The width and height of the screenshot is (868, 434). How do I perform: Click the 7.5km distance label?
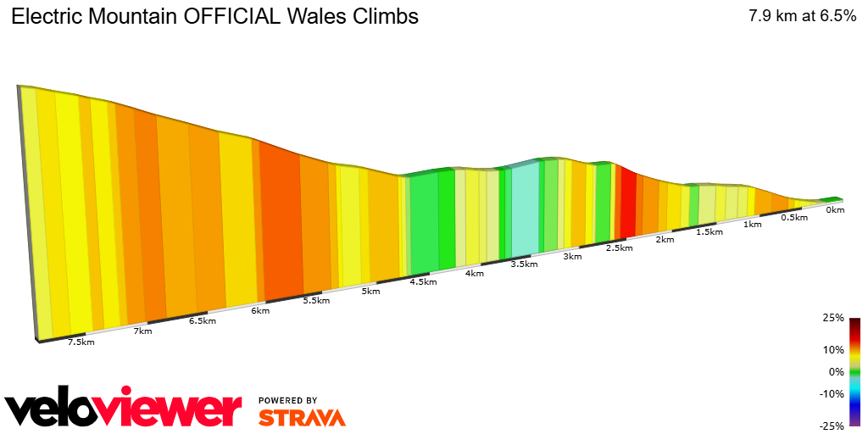[81, 342]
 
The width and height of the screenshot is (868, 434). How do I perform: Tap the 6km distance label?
[260, 310]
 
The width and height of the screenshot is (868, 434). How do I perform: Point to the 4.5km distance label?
[423, 281]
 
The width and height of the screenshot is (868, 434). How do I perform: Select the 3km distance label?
[572, 256]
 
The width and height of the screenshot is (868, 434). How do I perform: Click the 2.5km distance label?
[620, 248]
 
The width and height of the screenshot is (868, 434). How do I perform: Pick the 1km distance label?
[752, 224]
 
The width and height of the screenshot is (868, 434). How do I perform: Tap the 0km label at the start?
[835, 209]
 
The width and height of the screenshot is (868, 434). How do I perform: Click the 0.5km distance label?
[793, 217]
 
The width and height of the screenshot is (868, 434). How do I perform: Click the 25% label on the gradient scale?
[833, 318]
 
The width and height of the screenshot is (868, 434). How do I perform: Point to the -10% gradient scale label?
[832, 393]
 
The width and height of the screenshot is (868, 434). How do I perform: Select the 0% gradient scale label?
[836, 371]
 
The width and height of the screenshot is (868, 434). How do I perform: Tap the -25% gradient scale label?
[832, 426]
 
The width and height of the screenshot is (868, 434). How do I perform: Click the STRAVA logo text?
[302, 417]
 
